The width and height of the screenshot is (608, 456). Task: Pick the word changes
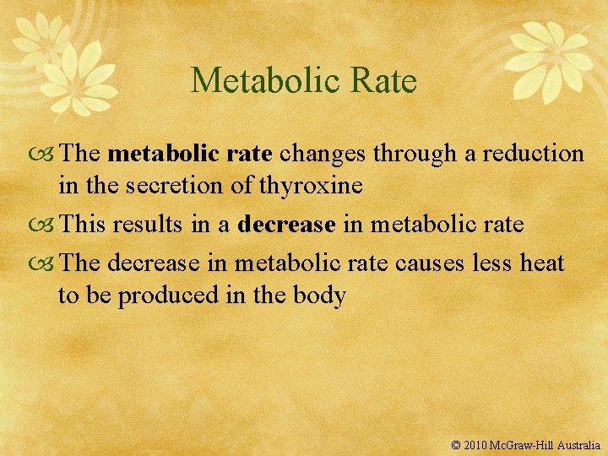tap(324, 154)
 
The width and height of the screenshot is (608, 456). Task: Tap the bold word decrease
tap(286, 225)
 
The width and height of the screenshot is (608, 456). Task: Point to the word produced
tap(166, 296)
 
